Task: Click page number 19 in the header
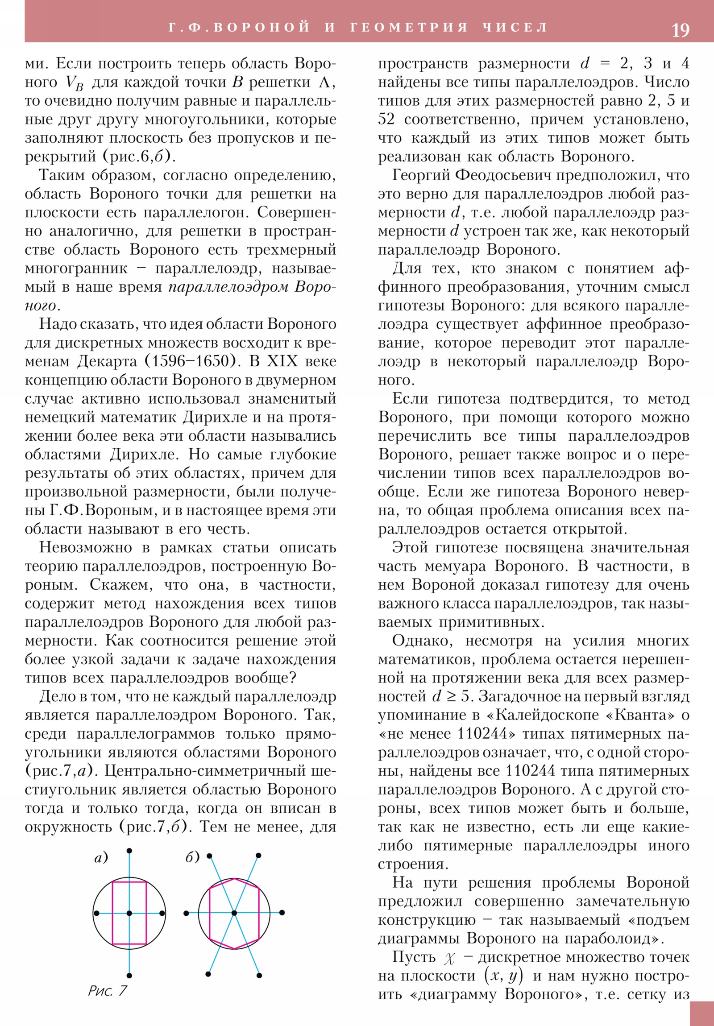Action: click(680, 30)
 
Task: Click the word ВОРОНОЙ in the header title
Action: click(261, 27)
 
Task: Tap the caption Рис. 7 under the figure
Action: click(107, 991)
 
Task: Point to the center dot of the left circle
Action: click(129, 913)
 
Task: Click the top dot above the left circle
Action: click(129, 851)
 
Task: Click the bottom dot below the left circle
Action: click(129, 976)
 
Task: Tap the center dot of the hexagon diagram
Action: click(234, 913)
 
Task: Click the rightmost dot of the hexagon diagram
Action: click(282, 913)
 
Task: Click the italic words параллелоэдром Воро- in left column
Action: click(252, 287)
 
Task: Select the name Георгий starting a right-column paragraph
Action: click(420, 175)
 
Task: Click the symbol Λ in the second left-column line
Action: click(326, 82)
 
